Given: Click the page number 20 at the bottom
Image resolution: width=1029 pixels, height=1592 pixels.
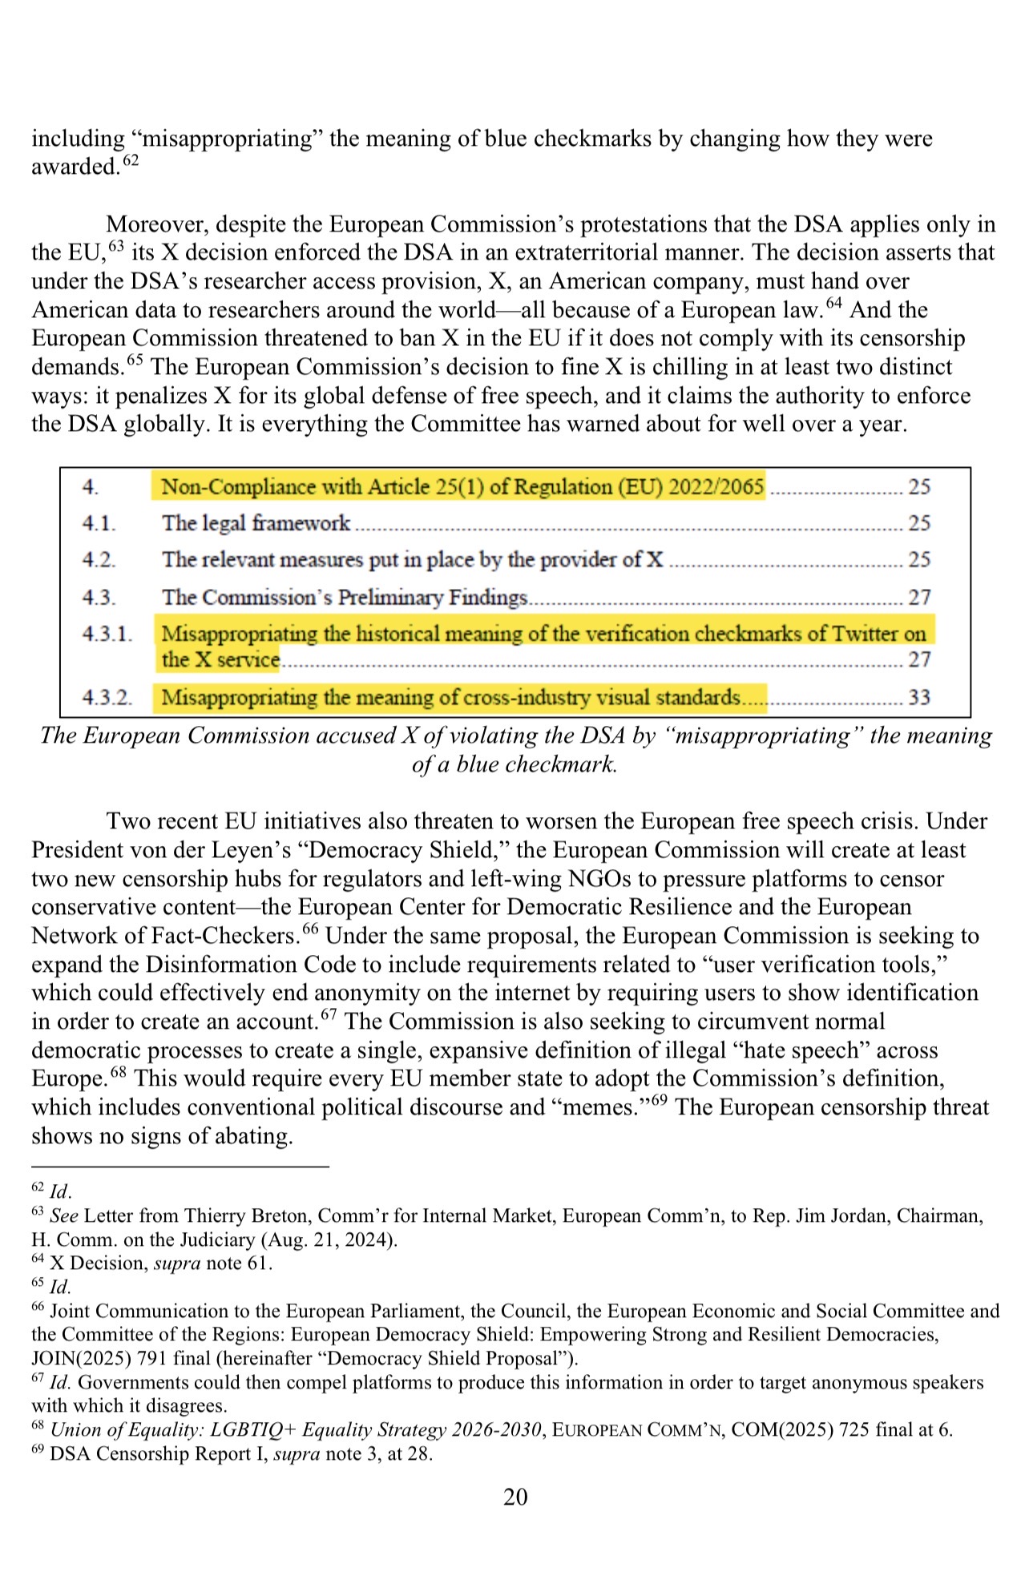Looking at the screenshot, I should point(515,1497).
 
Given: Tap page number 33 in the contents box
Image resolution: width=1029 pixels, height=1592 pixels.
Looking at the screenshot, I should point(918,697).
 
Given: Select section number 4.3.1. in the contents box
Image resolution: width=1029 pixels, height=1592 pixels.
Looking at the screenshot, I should point(107,635).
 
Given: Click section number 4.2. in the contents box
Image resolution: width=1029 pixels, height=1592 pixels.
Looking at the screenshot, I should point(99,560).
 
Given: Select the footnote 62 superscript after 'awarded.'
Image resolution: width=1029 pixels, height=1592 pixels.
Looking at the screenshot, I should point(131,160).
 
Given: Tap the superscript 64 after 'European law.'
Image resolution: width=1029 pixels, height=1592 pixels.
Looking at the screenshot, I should point(834,303).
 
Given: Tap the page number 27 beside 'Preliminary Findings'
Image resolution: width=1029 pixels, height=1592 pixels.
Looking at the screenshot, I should point(918,598).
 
